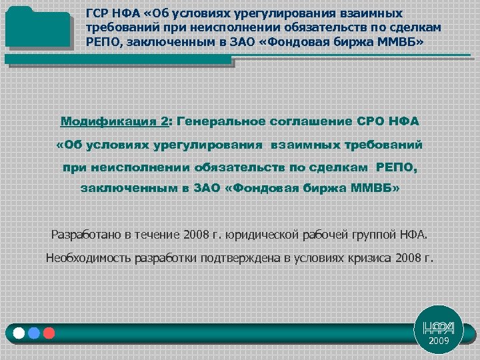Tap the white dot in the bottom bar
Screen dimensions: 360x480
(19, 332)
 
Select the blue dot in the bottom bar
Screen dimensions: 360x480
(34, 332)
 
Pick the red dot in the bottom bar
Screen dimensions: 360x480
(48, 332)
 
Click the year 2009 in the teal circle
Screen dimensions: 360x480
(439, 341)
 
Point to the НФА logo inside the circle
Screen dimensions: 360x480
(439, 327)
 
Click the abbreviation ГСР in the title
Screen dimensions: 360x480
(98, 13)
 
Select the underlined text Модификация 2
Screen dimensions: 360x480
(115, 122)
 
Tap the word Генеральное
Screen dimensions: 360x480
(223, 122)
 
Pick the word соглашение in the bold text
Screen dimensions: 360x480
(314, 122)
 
